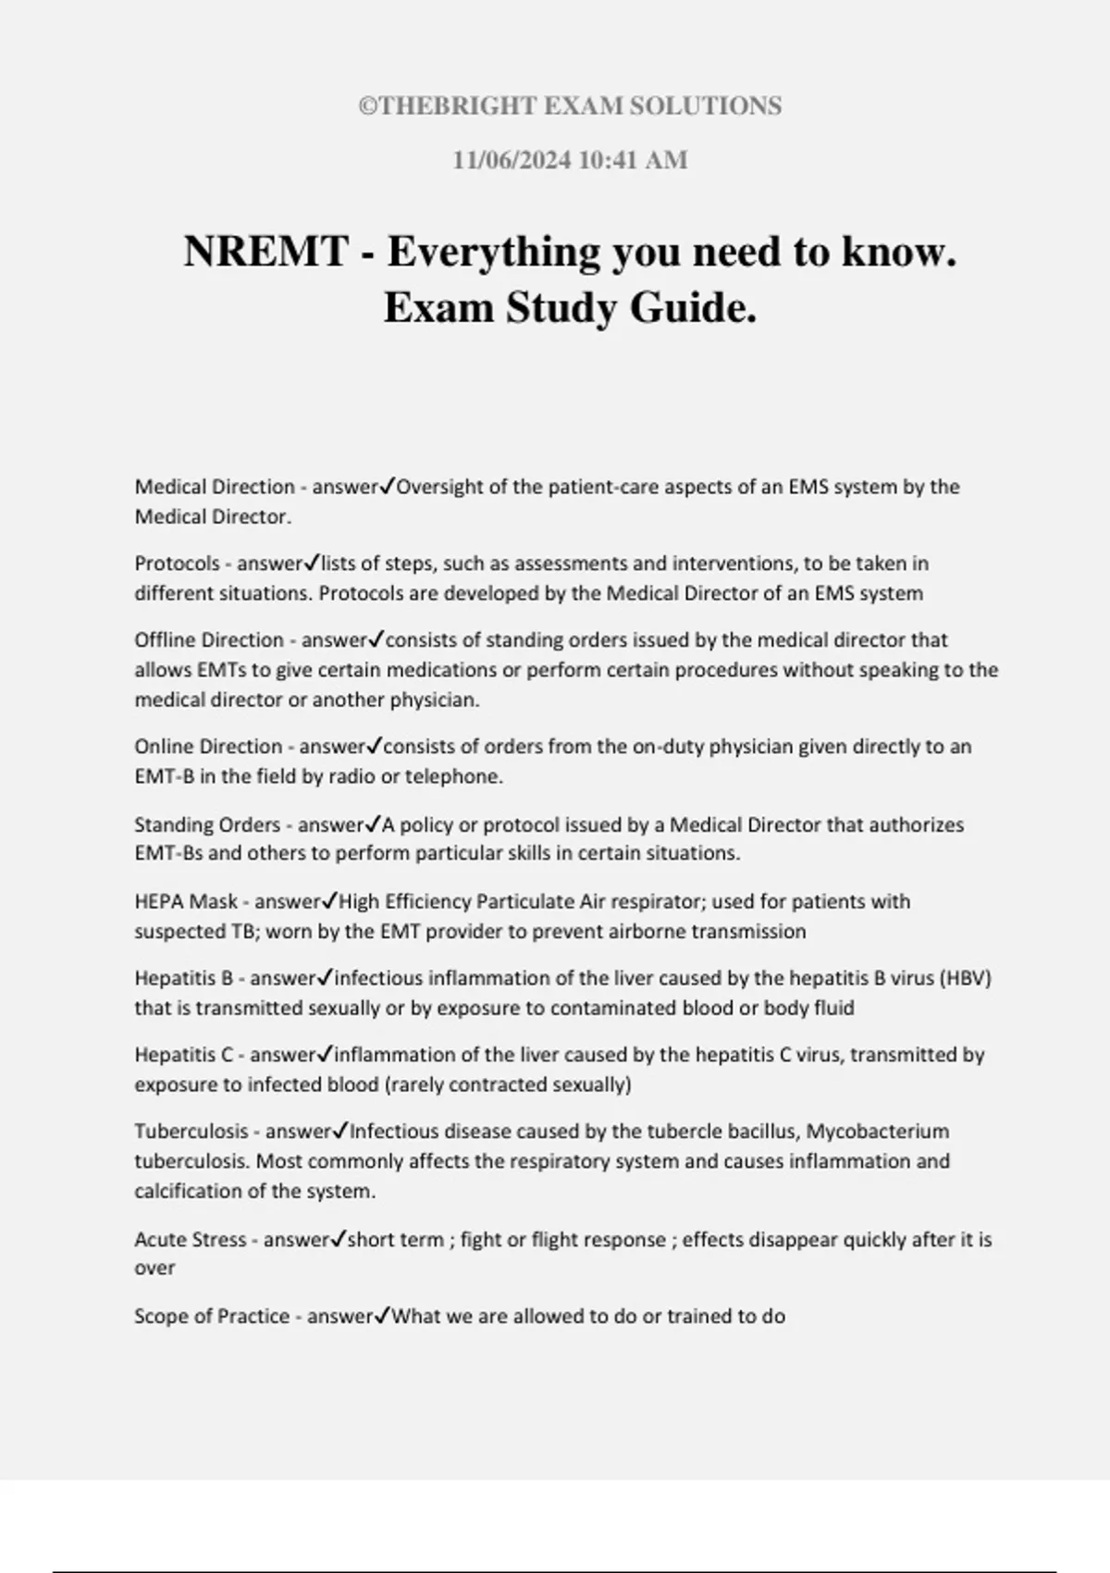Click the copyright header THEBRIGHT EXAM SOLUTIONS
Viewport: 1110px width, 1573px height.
click(570, 106)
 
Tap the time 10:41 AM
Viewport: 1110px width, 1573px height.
click(633, 160)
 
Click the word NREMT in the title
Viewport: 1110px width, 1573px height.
click(265, 252)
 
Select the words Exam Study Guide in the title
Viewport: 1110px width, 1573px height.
click(570, 308)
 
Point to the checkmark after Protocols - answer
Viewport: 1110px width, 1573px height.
click(312, 563)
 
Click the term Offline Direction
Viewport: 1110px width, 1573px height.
click(209, 639)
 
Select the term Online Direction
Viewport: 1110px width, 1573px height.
click(208, 746)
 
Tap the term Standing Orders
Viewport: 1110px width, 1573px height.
click(207, 824)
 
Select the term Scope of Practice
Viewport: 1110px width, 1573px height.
click(212, 1316)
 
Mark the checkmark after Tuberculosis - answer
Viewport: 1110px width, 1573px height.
click(339, 1131)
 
